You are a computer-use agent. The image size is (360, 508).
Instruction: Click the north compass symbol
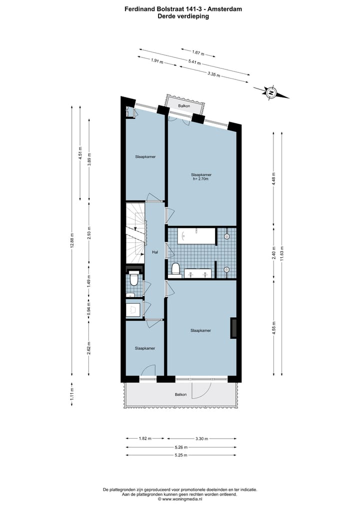tap(271, 92)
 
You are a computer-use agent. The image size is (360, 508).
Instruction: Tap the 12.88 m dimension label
tap(72, 241)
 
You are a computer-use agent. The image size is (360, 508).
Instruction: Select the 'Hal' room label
tap(155, 252)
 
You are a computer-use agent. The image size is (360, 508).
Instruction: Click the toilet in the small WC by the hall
tap(133, 279)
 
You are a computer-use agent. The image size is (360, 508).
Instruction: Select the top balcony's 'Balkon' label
tap(185, 106)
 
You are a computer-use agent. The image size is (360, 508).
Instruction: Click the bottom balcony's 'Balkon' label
tap(180, 395)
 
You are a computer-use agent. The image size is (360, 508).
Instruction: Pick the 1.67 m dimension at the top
tap(198, 52)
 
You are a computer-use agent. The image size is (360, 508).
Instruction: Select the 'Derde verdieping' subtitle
tap(180, 16)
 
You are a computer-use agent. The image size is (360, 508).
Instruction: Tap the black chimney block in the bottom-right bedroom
tap(233, 328)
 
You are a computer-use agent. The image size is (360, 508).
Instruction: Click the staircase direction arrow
tap(134, 229)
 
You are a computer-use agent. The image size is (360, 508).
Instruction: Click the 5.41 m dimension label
tap(194, 62)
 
